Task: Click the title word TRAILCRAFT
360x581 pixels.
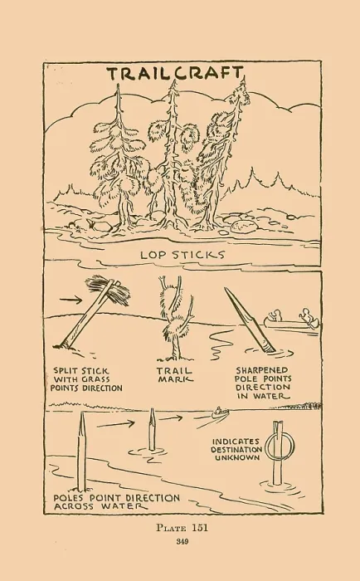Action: coord(176,73)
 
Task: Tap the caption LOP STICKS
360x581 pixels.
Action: coord(182,255)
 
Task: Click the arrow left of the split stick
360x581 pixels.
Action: coord(71,300)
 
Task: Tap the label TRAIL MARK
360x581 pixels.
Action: coord(175,374)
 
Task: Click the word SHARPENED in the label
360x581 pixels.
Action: coord(262,370)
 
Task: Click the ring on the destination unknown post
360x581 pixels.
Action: coord(280,447)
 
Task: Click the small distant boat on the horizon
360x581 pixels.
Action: coord(220,412)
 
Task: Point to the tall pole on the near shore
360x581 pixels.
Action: coord(81,452)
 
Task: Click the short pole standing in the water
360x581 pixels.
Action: coord(152,429)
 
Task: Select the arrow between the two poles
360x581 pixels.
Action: coord(115,424)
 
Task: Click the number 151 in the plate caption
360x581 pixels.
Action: coord(200,528)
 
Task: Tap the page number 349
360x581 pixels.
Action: coord(182,542)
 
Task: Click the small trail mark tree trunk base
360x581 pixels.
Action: coord(176,356)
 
